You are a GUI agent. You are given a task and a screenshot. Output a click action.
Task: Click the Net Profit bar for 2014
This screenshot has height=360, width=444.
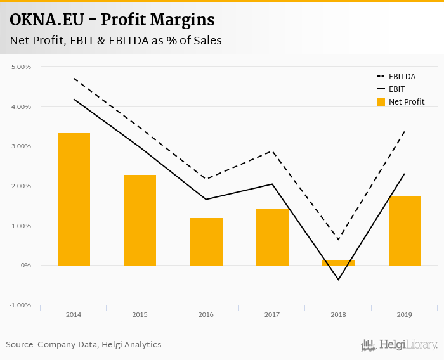[74, 199]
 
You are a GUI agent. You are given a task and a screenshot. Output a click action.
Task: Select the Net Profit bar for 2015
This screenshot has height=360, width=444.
[140, 220]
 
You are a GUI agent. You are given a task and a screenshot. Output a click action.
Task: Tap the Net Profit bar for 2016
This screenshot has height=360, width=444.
[206, 241]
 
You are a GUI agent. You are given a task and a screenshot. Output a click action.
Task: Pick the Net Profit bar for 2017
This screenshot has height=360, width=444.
[272, 237]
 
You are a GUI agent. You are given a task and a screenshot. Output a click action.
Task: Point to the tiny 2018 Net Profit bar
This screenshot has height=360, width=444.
[338, 263]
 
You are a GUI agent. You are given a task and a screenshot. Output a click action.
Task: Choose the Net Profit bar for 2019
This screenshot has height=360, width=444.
[405, 231]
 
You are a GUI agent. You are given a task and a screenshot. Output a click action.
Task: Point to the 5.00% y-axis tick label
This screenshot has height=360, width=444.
[22, 67]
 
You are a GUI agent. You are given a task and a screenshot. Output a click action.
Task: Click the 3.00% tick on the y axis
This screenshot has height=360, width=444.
[22, 146]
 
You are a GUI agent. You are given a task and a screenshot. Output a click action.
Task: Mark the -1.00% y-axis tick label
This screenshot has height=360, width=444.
[21, 305]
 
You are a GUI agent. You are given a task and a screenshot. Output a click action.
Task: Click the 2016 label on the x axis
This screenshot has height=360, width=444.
[206, 314]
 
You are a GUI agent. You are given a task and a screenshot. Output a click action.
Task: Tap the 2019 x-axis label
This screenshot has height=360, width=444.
[405, 314]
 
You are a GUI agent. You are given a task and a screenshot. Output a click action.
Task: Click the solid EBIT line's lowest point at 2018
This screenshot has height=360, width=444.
[338, 280]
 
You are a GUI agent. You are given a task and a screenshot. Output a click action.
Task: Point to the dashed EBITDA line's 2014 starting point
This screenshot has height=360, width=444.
[74, 79]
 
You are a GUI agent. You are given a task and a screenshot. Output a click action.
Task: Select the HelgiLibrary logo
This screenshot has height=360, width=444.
[400, 345]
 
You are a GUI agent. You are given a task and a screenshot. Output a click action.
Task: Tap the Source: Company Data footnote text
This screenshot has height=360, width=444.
[84, 345]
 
